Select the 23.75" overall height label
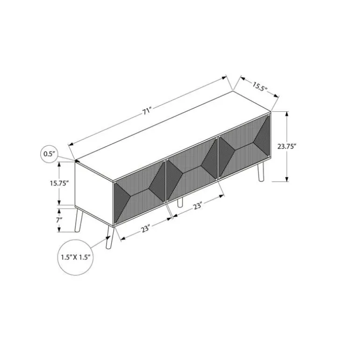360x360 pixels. tap(287, 146)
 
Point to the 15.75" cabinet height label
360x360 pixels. tap(59, 183)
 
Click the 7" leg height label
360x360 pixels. tap(59, 220)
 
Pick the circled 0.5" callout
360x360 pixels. tap(49, 154)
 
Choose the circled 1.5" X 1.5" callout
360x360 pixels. tap(75, 257)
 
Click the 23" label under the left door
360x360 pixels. tap(145, 229)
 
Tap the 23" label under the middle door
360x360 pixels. tap(197, 206)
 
